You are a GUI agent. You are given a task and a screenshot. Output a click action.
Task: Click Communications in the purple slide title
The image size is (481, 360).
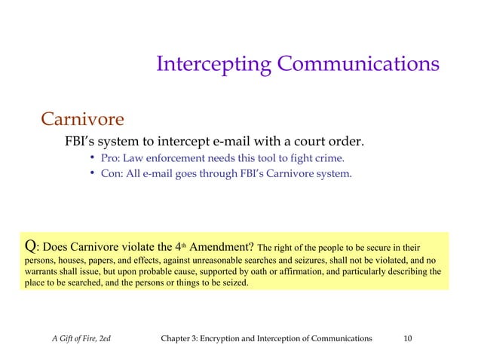358,64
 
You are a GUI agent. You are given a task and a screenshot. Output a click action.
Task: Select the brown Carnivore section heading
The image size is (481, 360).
81,119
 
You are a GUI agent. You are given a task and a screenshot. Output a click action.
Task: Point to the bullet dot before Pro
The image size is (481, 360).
91,158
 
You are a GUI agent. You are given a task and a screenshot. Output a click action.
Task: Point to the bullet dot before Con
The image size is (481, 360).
91,174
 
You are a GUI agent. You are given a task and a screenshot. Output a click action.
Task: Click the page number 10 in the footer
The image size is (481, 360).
407,339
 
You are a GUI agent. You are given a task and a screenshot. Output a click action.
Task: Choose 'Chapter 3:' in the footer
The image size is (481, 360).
182,339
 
